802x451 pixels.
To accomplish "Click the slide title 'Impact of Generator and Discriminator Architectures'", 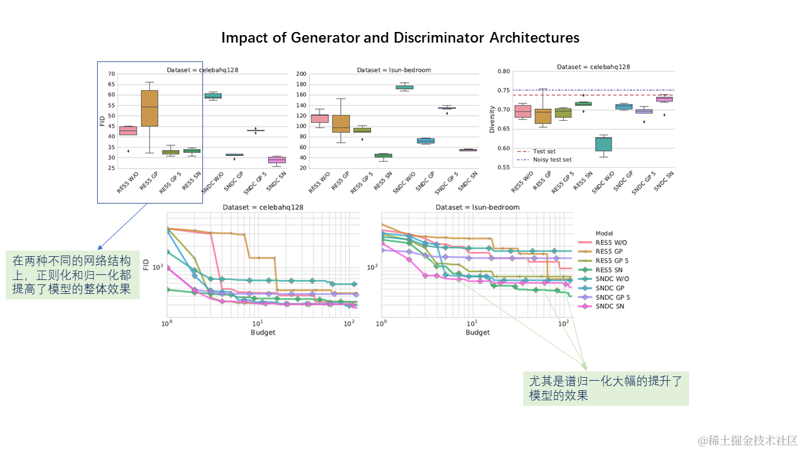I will (400, 38).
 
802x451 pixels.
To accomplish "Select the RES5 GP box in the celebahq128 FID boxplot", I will (149, 108).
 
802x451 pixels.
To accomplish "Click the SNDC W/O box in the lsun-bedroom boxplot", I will (404, 87).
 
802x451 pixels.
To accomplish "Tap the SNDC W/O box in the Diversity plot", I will (603, 144).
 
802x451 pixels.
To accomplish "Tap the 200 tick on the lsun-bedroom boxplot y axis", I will (300, 74).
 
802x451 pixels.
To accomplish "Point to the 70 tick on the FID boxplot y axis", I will (112, 74).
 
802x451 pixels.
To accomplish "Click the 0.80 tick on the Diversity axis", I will (503, 71).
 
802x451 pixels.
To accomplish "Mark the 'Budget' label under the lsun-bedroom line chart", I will (477, 332).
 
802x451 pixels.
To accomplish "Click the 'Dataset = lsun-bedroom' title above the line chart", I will (477, 207).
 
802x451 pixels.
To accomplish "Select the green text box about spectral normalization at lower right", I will (606, 388).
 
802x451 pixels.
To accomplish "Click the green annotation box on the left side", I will (73, 276).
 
